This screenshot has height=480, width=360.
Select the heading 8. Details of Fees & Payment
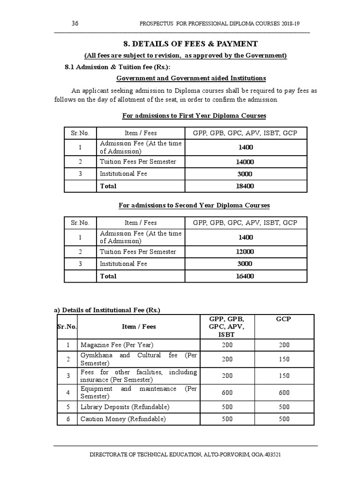click(190, 44)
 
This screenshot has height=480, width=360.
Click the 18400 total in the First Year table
click(245, 186)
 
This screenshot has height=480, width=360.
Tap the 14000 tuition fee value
click(245, 162)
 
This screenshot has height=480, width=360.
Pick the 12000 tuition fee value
click(245, 252)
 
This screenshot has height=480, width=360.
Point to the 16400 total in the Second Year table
click(245, 276)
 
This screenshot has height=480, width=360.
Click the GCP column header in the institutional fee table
click(284, 319)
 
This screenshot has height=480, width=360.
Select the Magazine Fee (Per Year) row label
click(117, 345)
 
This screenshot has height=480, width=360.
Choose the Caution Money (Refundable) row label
click(123, 419)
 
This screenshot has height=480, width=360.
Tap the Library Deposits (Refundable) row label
click(125, 407)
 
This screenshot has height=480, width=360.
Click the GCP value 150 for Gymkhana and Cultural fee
click(284, 360)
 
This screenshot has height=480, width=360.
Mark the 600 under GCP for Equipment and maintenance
click(284, 393)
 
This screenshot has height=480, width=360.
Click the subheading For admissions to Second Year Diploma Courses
click(194, 205)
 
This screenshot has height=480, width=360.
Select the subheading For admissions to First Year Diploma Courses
click(194, 115)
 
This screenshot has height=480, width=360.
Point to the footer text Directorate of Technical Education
click(185, 455)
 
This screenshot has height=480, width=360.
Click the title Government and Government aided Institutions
click(191, 78)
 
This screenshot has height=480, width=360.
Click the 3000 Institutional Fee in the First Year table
click(245, 174)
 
